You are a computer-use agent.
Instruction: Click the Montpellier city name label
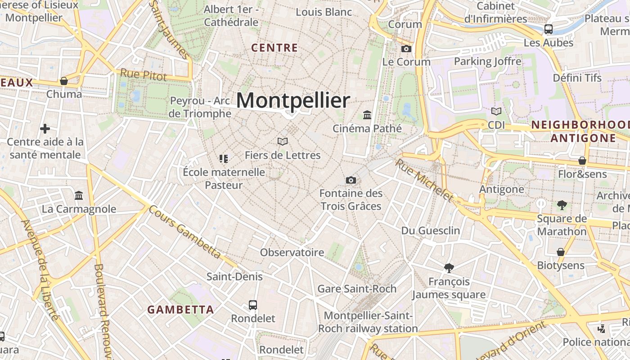[293, 100]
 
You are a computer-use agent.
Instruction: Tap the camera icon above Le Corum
[406, 49]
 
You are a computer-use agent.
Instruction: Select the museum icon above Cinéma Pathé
[367, 115]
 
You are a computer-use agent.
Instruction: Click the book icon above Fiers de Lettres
[283, 142]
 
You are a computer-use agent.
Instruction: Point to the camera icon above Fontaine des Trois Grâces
[351, 180]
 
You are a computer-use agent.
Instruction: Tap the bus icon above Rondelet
[253, 305]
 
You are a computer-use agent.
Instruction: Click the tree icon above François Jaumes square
[449, 268]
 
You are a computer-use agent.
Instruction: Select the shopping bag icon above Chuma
[64, 81]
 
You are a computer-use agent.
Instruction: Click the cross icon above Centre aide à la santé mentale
[45, 129]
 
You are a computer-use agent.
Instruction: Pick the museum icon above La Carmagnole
[79, 196]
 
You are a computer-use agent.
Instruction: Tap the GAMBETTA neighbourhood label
[180, 310]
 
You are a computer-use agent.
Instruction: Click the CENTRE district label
[274, 48]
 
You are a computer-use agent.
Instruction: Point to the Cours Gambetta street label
[185, 232]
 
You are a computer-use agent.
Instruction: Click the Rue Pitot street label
[143, 75]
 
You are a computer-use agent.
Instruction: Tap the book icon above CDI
[496, 111]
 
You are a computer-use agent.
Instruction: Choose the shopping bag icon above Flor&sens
[582, 161]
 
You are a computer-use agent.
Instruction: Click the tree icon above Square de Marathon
[562, 205]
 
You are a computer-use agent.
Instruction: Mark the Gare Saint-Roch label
[357, 288]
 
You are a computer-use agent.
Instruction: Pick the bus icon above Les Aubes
[549, 29]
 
